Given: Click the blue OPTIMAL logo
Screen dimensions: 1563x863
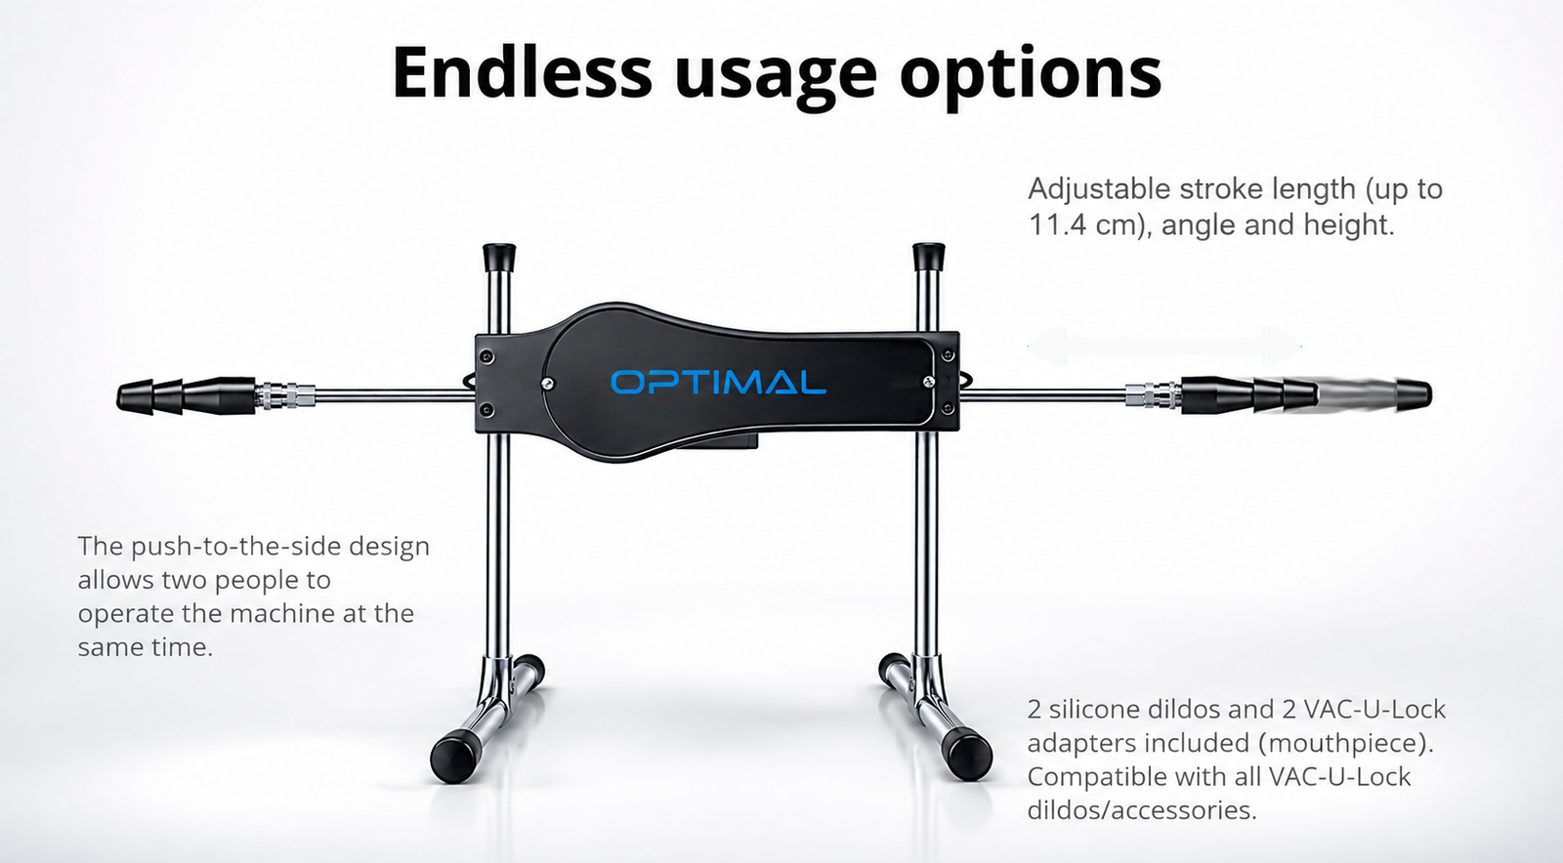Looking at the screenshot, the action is coord(719,382).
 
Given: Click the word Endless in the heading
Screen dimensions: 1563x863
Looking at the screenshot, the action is coord(522,72).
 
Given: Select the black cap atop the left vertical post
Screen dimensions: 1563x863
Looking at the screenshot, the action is coord(499,256).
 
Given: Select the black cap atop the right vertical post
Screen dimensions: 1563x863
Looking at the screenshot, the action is coord(929,256).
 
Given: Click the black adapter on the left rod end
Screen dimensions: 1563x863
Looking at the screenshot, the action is coord(187,396).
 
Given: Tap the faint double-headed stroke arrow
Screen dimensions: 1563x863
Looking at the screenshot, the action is coord(1164,347).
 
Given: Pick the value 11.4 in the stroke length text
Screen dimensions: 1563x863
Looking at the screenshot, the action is coord(1056,226).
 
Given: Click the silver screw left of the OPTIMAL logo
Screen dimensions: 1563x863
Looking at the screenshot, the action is coord(548,383).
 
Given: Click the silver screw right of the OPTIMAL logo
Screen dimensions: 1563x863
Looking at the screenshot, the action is coord(929,381).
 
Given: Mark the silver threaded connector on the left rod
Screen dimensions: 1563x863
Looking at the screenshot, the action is coord(285,395).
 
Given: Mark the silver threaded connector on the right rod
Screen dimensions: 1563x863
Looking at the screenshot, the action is coord(1153,395).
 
